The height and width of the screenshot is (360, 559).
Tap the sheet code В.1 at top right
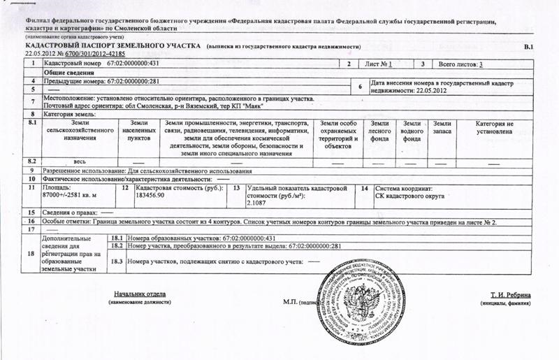coord(528,46)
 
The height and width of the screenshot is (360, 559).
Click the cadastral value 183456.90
coord(151,196)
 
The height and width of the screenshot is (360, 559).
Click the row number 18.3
coord(117,261)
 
